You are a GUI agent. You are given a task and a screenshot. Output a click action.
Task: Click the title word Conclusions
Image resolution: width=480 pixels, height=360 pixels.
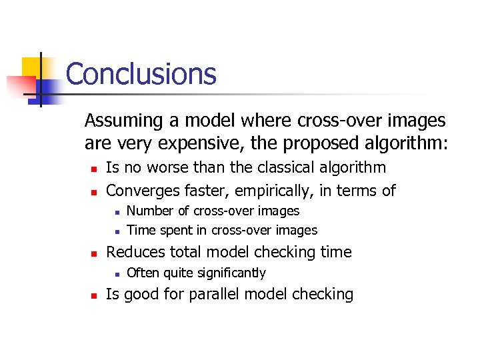click(141, 74)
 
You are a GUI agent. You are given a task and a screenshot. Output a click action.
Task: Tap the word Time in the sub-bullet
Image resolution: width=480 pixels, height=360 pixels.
click(139, 230)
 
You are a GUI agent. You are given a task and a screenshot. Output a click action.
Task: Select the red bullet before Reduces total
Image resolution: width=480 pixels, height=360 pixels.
click(95, 253)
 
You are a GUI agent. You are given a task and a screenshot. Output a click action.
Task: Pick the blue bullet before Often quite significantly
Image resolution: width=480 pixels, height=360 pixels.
click(116, 273)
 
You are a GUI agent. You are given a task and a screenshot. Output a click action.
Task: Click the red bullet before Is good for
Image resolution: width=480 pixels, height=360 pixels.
click(95, 295)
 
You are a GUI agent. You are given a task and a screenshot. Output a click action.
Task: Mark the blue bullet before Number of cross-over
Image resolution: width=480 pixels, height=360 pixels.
click(116, 212)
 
